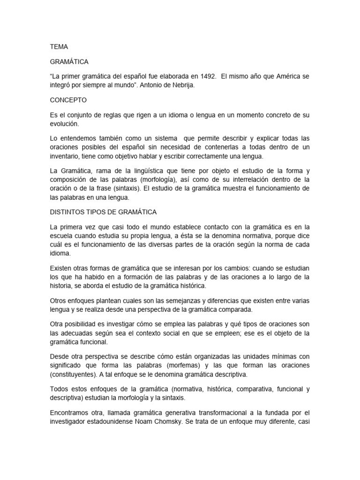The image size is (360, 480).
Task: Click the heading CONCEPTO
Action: click(68, 100)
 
